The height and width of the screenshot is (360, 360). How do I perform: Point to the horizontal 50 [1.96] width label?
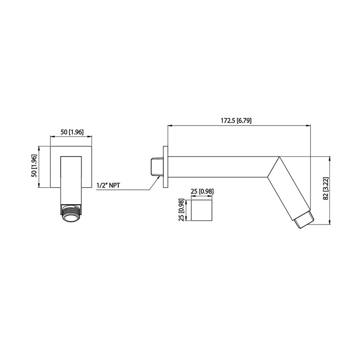72,131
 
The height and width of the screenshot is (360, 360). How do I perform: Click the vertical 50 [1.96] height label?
33,166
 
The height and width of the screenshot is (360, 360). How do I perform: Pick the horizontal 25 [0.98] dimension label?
202,191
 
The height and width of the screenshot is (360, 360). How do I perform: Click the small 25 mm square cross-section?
202,210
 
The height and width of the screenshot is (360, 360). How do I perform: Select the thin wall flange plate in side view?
166,166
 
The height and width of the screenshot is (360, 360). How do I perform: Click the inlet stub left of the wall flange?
156,166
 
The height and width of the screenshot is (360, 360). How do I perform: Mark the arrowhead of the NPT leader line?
159,178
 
